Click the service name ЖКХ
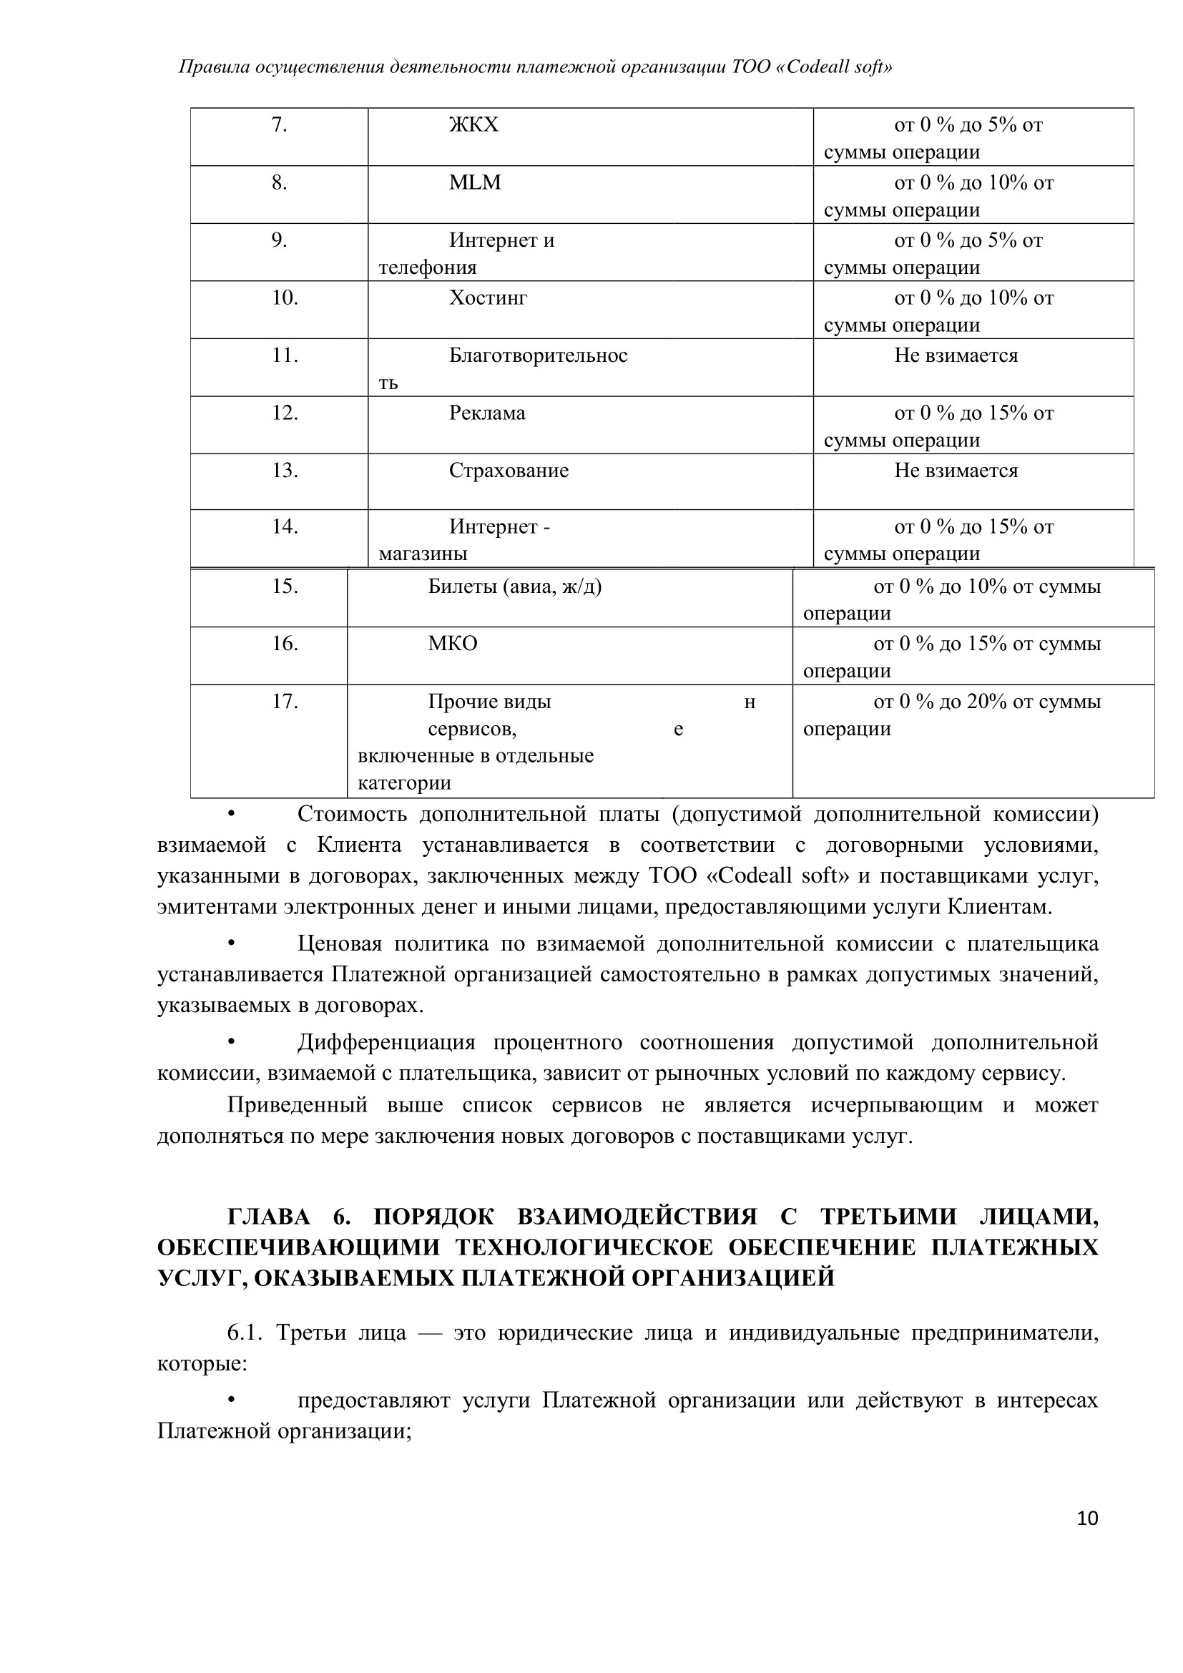473,125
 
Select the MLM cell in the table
475,183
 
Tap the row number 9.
279,240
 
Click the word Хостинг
487,298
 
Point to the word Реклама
486,413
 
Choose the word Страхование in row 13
509,471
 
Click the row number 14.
285,527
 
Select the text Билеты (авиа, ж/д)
514,587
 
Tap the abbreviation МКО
452,644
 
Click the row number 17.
285,702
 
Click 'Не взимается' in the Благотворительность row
956,355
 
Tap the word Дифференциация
386,1043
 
